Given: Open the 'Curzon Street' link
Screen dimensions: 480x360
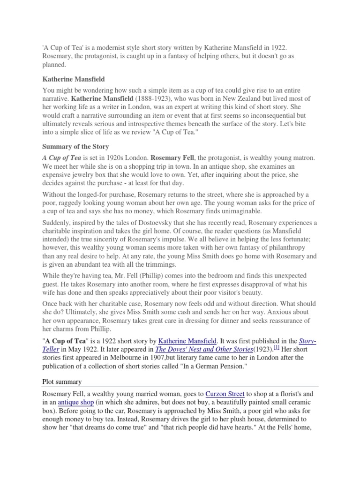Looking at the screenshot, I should tap(225, 394).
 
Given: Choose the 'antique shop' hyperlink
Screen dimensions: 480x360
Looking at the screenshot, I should tap(76, 403).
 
